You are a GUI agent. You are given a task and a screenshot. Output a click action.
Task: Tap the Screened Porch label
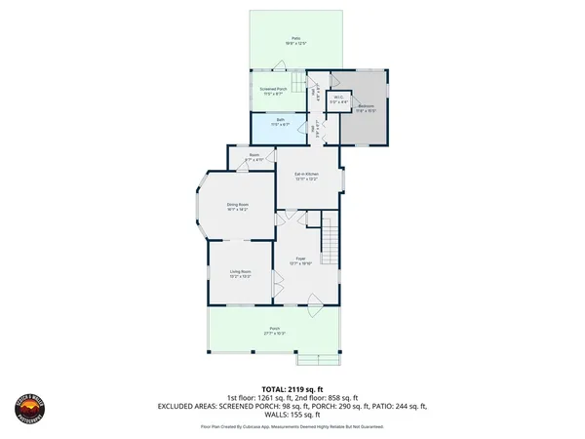coord(272,90)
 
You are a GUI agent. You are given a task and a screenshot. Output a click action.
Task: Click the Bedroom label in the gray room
coord(366,107)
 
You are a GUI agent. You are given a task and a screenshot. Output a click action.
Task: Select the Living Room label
coord(241,273)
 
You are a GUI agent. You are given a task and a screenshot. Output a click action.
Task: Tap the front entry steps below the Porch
coord(321,358)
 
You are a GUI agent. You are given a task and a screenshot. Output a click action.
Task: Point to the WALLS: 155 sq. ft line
coord(292,416)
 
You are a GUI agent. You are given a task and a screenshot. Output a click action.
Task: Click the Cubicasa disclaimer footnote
coord(292,426)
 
